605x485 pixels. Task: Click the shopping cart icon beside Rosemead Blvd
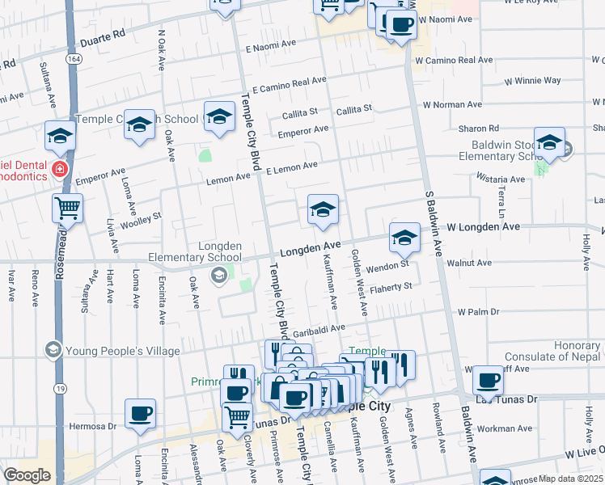(x=67, y=208)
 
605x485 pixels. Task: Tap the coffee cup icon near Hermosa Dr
(x=141, y=414)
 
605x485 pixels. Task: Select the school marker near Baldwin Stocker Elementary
(x=549, y=143)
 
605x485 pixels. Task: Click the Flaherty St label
(x=391, y=286)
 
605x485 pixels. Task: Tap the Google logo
(x=27, y=475)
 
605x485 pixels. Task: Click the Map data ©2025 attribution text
(x=570, y=479)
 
